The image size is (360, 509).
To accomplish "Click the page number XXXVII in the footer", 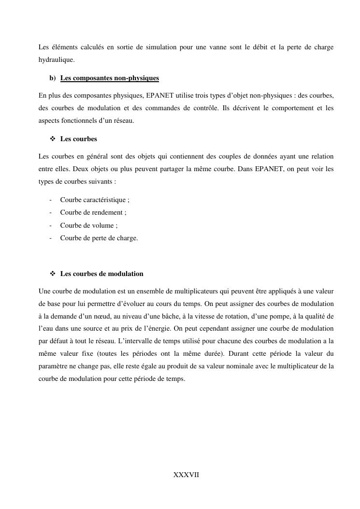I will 186,475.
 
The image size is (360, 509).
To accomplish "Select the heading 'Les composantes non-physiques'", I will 109,78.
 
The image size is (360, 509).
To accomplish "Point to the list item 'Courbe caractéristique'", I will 94,200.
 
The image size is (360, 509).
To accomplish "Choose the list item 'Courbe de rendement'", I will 93,212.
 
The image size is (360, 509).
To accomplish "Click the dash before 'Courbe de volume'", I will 51,225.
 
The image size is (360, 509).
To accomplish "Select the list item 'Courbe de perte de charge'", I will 99,238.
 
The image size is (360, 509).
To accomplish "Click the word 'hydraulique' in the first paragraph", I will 56,60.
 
